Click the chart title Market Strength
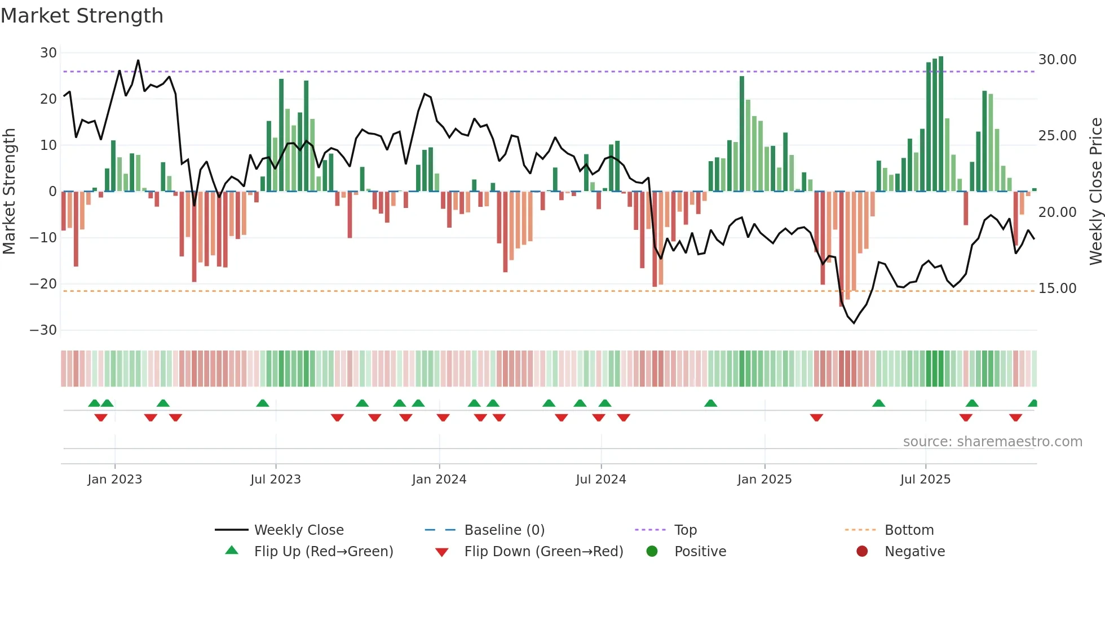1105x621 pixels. point(82,16)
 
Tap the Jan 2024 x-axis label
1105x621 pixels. point(439,480)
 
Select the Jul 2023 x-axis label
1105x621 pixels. point(276,480)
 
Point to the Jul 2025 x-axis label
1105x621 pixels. point(925,480)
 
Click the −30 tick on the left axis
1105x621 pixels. point(43,330)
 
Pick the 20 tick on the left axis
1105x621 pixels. point(48,99)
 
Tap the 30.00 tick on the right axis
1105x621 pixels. point(1057,60)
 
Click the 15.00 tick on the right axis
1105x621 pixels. point(1057,289)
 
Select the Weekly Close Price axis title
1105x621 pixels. point(1095,192)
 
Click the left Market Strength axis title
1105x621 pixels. point(10,192)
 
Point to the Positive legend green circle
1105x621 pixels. point(652,552)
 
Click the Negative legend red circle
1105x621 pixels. point(862,552)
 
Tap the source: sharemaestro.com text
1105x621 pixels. point(992,442)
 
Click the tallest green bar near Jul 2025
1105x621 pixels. point(941,124)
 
